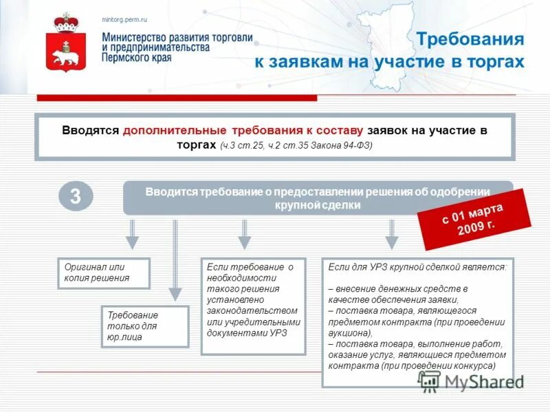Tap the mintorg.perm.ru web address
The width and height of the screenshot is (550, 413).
(124, 20)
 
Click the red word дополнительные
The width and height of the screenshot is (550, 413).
(175, 130)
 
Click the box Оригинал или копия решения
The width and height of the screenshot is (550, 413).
(103, 273)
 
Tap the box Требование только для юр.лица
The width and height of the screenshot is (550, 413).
(144, 326)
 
